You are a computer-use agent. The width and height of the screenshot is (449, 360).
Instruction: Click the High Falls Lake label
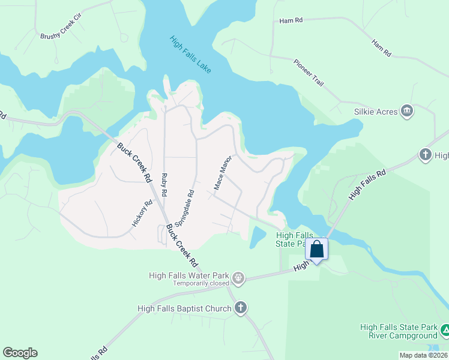click(x=190, y=56)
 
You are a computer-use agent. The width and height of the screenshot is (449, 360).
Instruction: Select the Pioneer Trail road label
click(x=309, y=73)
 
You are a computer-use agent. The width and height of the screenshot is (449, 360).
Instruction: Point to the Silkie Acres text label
click(x=375, y=111)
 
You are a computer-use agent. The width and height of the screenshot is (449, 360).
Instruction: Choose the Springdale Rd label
click(x=185, y=209)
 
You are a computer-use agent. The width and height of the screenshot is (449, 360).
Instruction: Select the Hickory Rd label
click(x=142, y=213)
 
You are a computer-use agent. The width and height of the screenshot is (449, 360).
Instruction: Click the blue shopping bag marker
click(x=316, y=249)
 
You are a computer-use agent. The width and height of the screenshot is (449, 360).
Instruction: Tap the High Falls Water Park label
click(x=190, y=275)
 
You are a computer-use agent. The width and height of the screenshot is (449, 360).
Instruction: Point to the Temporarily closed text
click(x=202, y=283)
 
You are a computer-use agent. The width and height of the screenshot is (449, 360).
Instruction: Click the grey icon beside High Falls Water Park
click(x=238, y=277)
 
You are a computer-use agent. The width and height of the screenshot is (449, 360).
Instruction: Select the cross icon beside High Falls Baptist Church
click(x=240, y=308)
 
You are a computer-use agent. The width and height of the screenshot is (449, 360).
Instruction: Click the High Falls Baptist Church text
click(x=184, y=309)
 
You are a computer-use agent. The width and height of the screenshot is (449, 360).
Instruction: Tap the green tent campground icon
click(x=445, y=330)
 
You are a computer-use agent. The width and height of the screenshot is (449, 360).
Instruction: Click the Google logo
click(x=20, y=352)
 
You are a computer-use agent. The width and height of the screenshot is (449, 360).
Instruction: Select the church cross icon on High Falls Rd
click(x=426, y=155)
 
